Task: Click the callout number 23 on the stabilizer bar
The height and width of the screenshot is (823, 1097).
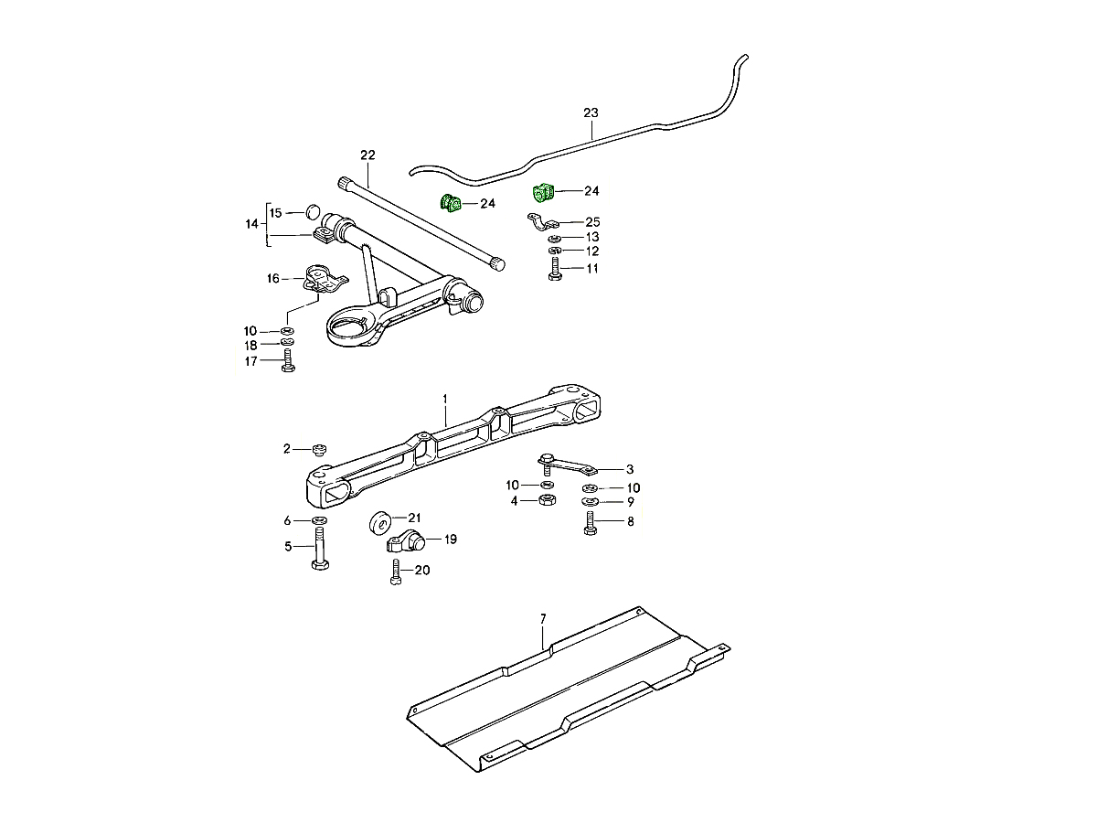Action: [591, 112]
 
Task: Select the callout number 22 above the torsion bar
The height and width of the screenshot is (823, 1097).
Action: [367, 155]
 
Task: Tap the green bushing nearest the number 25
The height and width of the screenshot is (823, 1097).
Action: [543, 193]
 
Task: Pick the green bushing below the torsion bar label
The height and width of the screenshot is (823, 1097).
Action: [451, 203]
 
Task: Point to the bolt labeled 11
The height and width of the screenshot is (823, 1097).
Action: [555, 270]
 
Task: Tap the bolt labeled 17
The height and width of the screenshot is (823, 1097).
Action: [288, 363]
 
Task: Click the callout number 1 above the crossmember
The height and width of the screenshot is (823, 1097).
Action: [445, 399]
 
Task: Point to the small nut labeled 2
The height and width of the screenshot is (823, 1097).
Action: [319, 448]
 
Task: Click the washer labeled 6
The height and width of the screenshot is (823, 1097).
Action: [319, 520]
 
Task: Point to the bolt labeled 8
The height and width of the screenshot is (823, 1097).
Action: [590, 524]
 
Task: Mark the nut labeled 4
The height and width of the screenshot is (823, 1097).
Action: [546, 500]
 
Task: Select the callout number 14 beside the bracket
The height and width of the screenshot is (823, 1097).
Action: [251, 223]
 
